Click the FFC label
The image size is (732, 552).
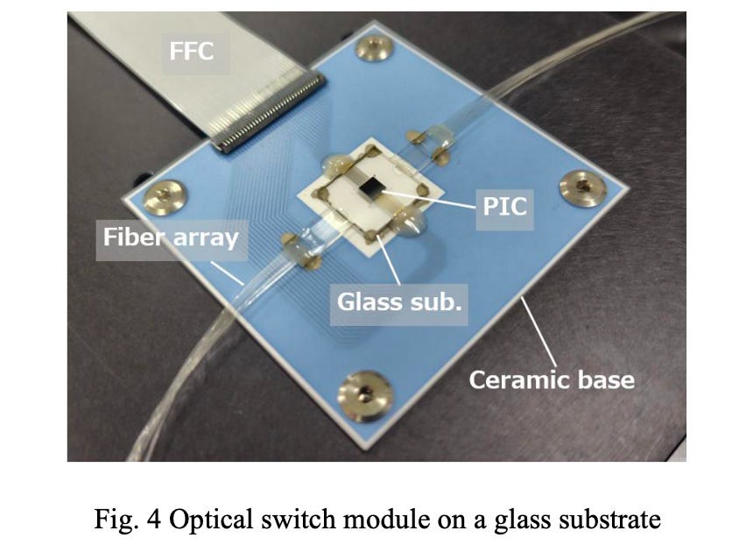(191, 52)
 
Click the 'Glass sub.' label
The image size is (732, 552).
(399, 302)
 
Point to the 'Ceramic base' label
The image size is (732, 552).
(551, 379)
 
